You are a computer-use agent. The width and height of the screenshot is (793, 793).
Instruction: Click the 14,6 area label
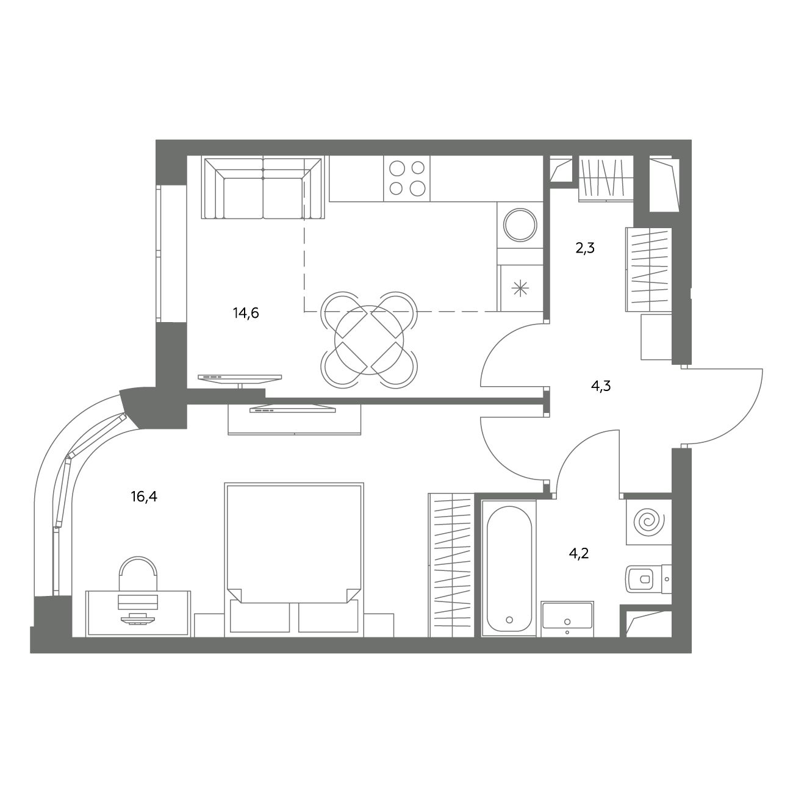(246, 314)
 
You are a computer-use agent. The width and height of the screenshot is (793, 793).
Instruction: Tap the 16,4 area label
(144, 497)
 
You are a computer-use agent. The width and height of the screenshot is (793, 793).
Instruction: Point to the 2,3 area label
(585, 248)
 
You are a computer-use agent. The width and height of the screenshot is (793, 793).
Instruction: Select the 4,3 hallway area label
(601, 386)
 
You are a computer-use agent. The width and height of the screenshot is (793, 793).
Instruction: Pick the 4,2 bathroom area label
(579, 553)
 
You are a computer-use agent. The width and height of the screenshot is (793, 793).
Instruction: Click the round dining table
(369, 340)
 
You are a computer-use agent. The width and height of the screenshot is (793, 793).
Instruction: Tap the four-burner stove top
(407, 178)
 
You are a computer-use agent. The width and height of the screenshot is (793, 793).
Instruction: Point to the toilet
(648, 579)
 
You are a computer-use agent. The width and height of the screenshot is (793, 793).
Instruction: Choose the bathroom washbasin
(567, 619)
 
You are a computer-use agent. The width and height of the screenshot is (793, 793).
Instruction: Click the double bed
(294, 559)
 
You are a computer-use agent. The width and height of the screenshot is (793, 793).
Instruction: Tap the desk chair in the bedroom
(138, 573)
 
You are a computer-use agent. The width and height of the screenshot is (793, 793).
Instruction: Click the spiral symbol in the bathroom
(648, 522)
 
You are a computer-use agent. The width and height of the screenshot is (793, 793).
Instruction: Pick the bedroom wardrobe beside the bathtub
(451, 565)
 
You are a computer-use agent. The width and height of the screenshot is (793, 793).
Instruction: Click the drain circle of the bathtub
(509, 619)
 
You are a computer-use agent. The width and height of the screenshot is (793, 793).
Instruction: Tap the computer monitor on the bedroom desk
(138, 621)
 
